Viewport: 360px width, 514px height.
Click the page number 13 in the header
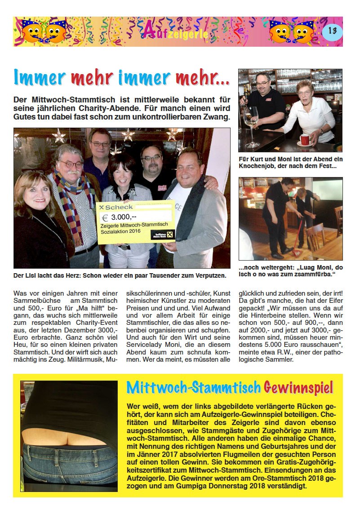333,31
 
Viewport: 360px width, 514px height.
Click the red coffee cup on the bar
305,139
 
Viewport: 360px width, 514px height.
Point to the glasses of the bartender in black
262,83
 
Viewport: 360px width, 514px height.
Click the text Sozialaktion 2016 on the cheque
121,231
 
